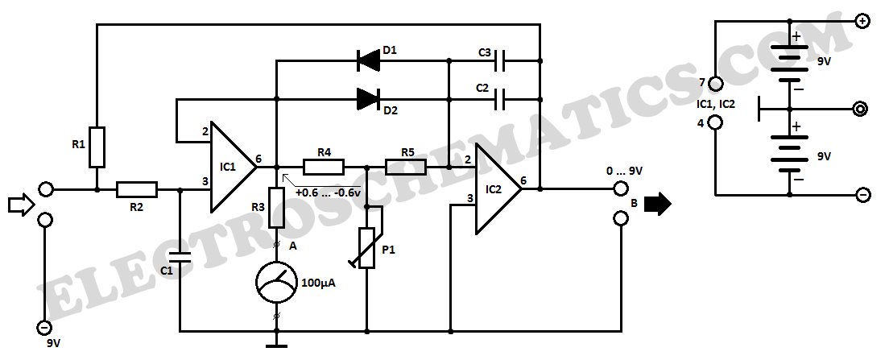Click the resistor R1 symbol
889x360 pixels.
pyautogui.click(x=97, y=146)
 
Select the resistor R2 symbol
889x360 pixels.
pyautogui.click(x=138, y=190)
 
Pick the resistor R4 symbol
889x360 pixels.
pyautogui.click(x=324, y=167)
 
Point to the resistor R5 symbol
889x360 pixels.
pyautogui.click(x=406, y=167)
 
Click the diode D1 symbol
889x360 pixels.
pyautogui.click(x=368, y=59)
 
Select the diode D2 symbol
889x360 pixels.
pyautogui.click(x=368, y=99)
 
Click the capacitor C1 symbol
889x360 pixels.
pyautogui.click(x=180, y=258)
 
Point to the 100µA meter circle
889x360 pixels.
pyautogui.click(x=276, y=283)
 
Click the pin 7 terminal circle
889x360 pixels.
pyautogui.click(x=715, y=83)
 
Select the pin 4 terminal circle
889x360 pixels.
pyautogui.click(x=715, y=123)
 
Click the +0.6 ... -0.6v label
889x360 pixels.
pyautogui.click(x=328, y=192)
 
